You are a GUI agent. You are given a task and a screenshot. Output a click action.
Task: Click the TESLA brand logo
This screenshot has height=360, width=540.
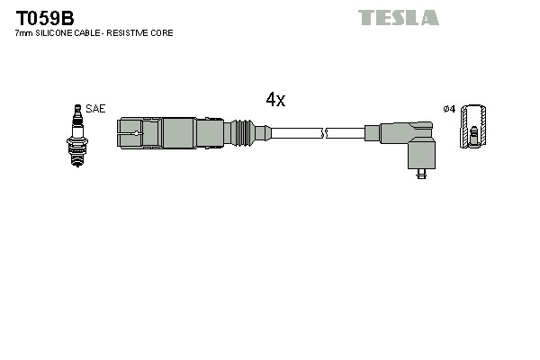398,17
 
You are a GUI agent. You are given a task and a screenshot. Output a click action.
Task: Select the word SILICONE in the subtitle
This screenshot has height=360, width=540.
60,33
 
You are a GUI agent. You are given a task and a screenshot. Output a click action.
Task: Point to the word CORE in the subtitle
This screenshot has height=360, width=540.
162,33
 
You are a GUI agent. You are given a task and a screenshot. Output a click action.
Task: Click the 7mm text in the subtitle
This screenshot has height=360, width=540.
24,33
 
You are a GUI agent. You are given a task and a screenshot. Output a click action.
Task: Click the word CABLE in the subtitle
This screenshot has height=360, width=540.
94,33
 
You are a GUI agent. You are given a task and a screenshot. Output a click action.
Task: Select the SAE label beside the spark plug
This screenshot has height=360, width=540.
96,109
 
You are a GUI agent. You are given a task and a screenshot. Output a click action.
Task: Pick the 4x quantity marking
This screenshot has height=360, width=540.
275,100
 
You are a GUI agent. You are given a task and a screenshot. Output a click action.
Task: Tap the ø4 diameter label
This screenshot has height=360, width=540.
450,110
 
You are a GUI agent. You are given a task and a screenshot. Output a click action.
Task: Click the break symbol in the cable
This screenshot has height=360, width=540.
325,133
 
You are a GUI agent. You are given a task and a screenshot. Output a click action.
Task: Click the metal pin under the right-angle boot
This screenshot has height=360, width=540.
421,176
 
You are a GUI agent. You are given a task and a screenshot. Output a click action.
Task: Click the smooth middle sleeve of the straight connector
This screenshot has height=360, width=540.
178,132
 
